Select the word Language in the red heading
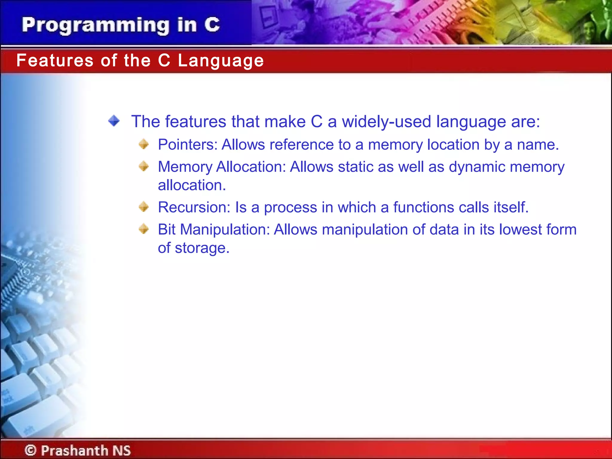pyautogui.click(x=221, y=61)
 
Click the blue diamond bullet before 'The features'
pyautogui.click(x=114, y=121)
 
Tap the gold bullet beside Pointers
pyautogui.click(x=144, y=144)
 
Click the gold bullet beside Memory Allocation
pyautogui.click(x=144, y=166)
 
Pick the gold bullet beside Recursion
pyautogui.click(x=144, y=207)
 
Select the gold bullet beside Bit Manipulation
pyautogui.click(x=144, y=229)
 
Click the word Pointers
pyautogui.click(x=187, y=145)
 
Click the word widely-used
pyautogui.click(x=386, y=122)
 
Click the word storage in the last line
pyautogui.click(x=202, y=248)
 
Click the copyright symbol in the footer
pyautogui.click(x=30, y=450)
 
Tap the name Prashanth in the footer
pyautogui.click(x=74, y=450)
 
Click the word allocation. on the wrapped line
pyautogui.click(x=192, y=186)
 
